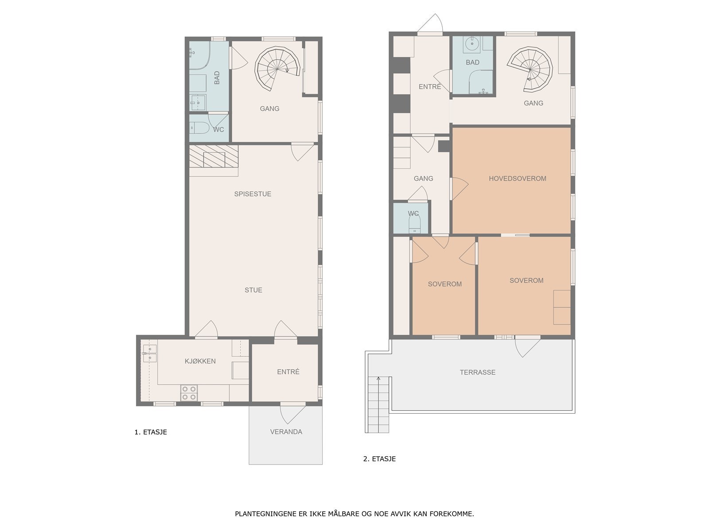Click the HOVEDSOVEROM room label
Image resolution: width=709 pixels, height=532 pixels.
[517, 178]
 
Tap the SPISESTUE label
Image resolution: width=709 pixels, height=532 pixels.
[253, 194]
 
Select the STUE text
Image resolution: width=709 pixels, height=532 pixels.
[253, 290]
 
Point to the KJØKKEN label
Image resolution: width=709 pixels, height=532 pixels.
[200, 361]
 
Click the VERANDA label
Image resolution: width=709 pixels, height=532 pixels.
[286, 431]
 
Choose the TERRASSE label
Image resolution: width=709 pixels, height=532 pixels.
[477, 372]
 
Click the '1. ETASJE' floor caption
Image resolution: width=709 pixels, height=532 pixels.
[151, 432]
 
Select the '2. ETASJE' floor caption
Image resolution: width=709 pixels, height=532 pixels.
[379, 459]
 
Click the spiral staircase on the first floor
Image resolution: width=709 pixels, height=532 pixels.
[277, 69]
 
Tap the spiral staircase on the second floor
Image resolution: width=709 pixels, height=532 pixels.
[530, 69]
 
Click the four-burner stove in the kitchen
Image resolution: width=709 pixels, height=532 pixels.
[189, 393]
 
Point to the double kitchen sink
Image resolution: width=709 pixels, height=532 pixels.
[149, 353]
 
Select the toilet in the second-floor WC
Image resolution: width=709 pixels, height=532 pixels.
[414, 223]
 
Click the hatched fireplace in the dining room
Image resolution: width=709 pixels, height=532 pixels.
[214, 156]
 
